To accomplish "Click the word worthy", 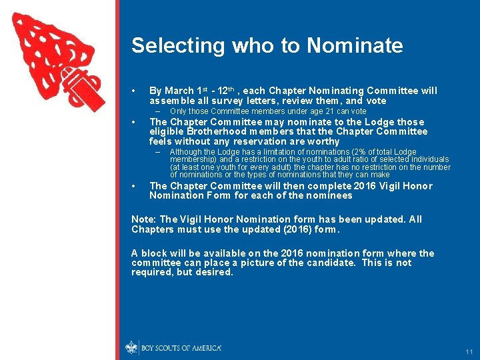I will pyautogui.click(x=324, y=141).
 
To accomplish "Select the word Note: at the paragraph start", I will pyautogui.click(x=144, y=219).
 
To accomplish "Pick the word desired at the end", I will pyautogui.click(x=214, y=272).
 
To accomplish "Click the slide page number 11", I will pyautogui.click(x=469, y=351).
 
